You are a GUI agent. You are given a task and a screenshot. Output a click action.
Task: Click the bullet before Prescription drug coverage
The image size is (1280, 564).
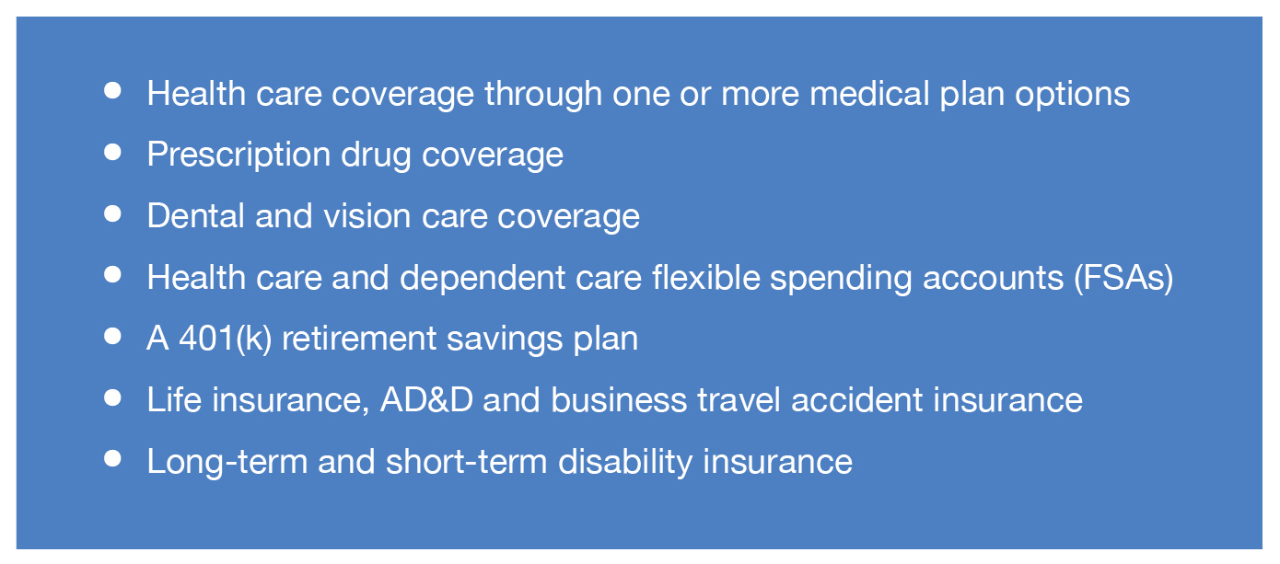pyautogui.click(x=112, y=152)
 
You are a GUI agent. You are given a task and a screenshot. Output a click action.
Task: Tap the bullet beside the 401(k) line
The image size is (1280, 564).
pyautogui.click(x=112, y=336)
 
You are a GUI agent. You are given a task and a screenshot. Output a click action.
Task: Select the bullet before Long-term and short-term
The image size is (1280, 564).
pyautogui.click(x=112, y=458)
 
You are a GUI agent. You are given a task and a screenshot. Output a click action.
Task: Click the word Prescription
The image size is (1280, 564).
pyautogui.click(x=239, y=155)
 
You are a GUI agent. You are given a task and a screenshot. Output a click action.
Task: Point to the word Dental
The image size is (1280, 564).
pyautogui.click(x=196, y=216)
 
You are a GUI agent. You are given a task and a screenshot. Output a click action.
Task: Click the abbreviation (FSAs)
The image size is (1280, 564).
pyautogui.click(x=1123, y=279)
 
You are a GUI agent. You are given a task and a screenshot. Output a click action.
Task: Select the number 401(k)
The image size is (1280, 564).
pyautogui.click(x=225, y=340)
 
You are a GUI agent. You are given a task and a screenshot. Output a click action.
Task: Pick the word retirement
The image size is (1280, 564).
pyautogui.click(x=359, y=340)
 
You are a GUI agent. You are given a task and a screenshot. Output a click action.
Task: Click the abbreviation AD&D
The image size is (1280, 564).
pyautogui.click(x=426, y=399)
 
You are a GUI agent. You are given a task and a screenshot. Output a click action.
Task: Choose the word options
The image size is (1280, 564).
pyautogui.click(x=1072, y=95)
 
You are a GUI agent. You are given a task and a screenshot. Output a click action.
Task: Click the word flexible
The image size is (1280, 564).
pyautogui.click(x=705, y=278)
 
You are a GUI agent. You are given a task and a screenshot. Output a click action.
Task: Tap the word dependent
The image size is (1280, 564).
pyautogui.click(x=483, y=279)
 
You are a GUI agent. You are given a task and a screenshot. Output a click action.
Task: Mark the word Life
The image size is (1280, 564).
pyautogui.click(x=174, y=399)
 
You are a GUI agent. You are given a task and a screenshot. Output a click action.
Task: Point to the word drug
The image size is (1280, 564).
pyautogui.click(x=376, y=155)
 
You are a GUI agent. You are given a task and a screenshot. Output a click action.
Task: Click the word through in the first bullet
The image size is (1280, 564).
pyautogui.click(x=543, y=95)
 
